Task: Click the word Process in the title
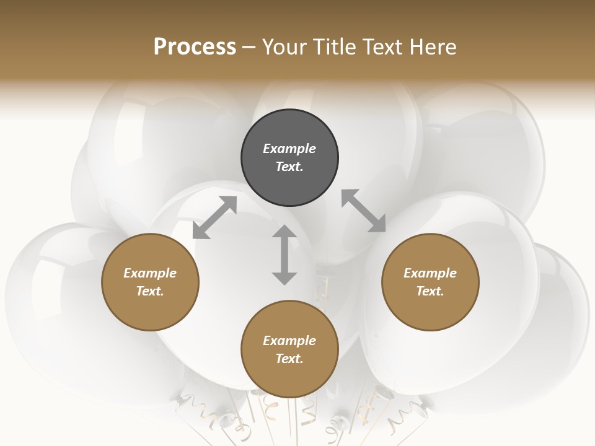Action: pyautogui.click(x=195, y=47)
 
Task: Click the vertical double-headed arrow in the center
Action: pyautogui.click(x=284, y=255)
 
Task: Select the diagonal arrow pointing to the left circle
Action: pyautogui.click(x=214, y=217)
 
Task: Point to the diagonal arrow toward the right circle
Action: pyautogui.click(x=363, y=211)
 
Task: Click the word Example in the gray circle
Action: pyautogui.click(x=289, y=149)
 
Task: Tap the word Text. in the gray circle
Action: pyautogui.click(x=289, y=167)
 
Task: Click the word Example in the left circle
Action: pyautogui.click(x=150, y=273)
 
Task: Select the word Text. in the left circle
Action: pyautogui.click(x=150, y=291)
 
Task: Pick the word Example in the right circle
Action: pyautogui.click(x=430, y=273)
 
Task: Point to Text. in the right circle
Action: pyautogui.click(x=430, y=291)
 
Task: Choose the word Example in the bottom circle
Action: pyautogui.click(x=289, y=341)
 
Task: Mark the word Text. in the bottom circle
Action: pyautogui.click(x=289, y=359)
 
